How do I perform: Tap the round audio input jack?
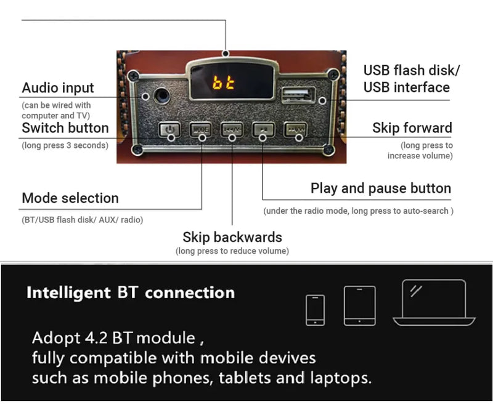(x=163, y=96)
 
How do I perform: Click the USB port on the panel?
(x=298, y=95)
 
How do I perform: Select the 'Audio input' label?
(x=58, y=88)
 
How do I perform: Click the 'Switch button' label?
(x=65, y=128)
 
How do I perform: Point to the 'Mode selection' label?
(x=70, y=198)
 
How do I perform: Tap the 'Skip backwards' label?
(x=232, y=237)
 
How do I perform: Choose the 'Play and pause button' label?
(x=381, y=188)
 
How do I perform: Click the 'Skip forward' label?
(x=412, y=128)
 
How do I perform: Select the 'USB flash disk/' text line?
(x=412, y=70)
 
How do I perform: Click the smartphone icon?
(x=315, y=309)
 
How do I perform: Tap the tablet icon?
(x=359, y=305)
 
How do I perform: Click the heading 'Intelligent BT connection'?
(x=130, y=293)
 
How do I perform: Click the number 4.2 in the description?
(x=98, y=338)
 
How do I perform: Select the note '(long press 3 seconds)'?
(x=65, y=145)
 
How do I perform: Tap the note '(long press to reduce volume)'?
(x=232, y=251)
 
